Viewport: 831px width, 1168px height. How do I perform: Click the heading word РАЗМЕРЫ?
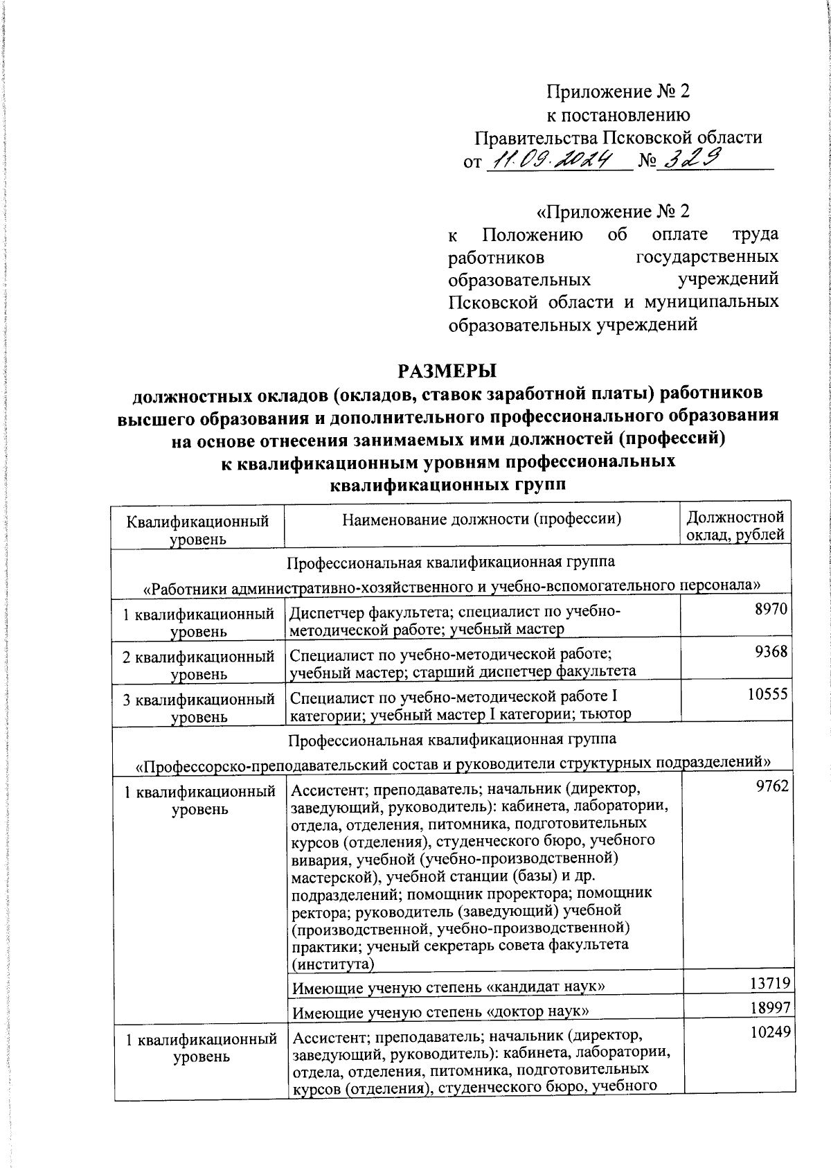tap(447, 370)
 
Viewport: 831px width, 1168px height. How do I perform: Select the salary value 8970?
tap(772, 608)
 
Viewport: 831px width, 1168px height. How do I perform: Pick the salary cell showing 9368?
tap(772, 651)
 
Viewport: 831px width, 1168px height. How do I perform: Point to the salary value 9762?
tap(772, 787)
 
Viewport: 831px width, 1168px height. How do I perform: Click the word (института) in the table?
tap(332, 964)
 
